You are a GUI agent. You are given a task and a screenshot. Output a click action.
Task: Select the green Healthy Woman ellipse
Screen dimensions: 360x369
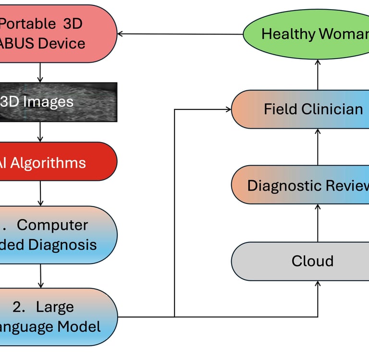click(x=307, y=34)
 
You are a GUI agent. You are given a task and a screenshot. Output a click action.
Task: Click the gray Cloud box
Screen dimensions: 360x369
click(x=300, y=261)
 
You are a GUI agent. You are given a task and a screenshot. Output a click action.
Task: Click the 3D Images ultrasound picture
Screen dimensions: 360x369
click(x=58, y=102)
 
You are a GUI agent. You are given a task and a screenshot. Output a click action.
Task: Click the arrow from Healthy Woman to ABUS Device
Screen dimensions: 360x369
click(x=180, y=34)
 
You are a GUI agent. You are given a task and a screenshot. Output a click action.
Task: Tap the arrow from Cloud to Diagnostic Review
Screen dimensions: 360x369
click(x=318, y=223)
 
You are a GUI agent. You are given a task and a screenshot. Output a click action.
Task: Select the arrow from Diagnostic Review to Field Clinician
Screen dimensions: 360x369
click(x=318, y=147)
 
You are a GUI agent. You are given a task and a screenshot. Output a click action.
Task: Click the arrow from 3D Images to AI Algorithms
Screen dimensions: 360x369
click(x=40, y=132)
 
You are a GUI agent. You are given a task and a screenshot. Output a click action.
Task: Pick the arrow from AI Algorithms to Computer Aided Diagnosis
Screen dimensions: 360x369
click(x=40, y=193)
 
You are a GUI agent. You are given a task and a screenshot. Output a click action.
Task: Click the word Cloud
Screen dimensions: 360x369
click(x=312, y=261)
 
